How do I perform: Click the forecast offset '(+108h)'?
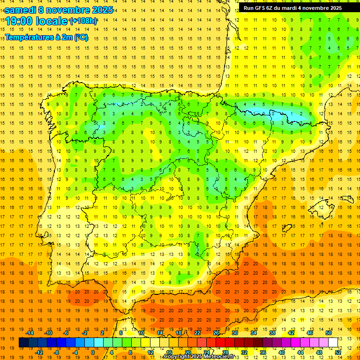83,21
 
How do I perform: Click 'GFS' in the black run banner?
262,8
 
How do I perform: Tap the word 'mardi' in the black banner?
289,8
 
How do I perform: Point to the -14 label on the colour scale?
30,332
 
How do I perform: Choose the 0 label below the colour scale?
93,352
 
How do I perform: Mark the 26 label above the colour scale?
216,332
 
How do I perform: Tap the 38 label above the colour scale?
272,332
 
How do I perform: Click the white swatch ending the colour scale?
333,342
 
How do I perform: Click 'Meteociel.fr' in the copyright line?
221,357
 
